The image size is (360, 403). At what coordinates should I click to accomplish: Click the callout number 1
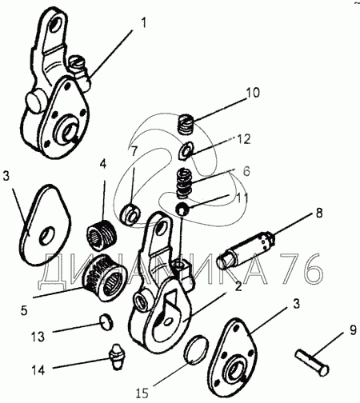pyautogui.click(x=143, y=23)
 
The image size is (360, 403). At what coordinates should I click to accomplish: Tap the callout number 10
pyautogui.click(x=252, y=93)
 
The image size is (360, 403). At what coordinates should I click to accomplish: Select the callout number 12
pyautogui.click(x=243, y=140)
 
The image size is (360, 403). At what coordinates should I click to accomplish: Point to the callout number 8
pyautogui.click(x=319, y=213)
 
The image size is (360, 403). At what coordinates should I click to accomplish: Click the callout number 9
pyautogui.click(x=353, y=331)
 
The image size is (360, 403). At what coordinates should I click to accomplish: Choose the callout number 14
pyautogui.click(x=38, y=370)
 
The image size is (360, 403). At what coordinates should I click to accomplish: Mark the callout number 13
pyautogui.click(x=38, y=337)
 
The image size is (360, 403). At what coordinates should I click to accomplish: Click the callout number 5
pyautogui.click(x=24, y=310)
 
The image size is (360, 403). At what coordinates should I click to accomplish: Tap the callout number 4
pyautogui.click(x=103, y=164)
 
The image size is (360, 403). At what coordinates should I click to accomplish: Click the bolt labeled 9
pyautogui.click(x=312, y=363)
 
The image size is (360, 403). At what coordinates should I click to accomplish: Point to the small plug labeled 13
pyautogui.click(x=106, y=321)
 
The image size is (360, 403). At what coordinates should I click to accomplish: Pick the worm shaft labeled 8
pyautogui.click(x=246, y=249)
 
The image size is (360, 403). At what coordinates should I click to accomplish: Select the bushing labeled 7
pyautogui.click(x=131, y=214)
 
